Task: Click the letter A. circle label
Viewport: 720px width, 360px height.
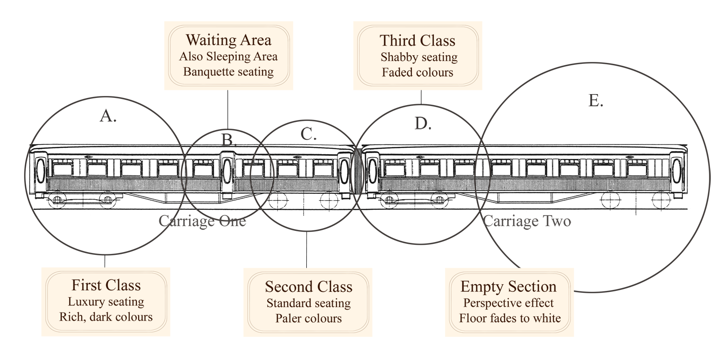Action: coord(108,116)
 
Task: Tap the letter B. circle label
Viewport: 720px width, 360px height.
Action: coord(229,140)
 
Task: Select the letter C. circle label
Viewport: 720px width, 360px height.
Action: coord(307,135)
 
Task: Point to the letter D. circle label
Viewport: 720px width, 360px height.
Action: coord(423,124)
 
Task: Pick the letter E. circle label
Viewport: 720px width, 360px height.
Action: coord(595,101)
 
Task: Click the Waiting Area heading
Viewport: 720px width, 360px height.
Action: coord(228,39)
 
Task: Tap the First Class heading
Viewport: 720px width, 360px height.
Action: coord(106,285)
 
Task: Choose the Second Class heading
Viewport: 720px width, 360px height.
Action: coord(309,287)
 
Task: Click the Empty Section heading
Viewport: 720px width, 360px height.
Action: coord(508,287)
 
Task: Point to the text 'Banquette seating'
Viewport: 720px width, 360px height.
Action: coord(228,72)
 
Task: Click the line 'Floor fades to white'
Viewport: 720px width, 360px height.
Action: coord(510,318)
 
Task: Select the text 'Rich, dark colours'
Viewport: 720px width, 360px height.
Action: coord(106,317)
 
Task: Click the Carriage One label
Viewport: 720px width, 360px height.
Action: coord(202,221)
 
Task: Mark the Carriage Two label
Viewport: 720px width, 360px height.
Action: coord(527,221)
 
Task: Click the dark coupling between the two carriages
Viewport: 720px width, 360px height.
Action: coord(357,170)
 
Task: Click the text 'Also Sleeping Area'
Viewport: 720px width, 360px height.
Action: coord(228,56)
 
